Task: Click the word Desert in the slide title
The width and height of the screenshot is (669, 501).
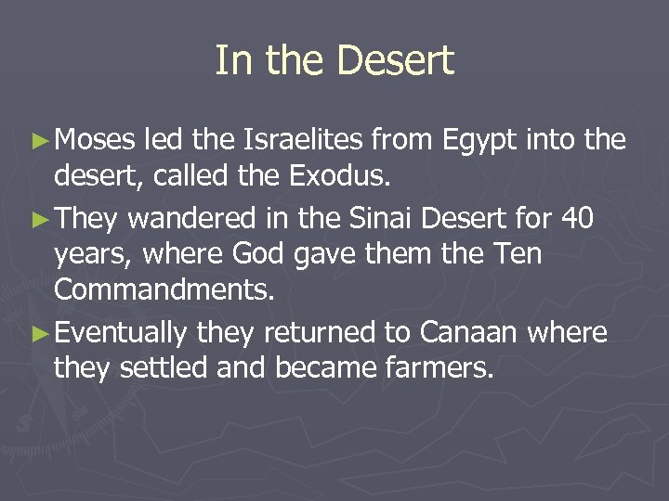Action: click(x=395, y=61)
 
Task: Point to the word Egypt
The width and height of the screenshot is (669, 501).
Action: click(x=475, y=141)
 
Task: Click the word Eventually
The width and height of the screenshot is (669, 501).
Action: click(x=122, y=332)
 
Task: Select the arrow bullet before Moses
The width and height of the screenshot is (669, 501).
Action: click(x=41, y=141)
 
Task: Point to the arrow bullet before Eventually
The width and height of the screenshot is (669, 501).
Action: click(x=41, y=332)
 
